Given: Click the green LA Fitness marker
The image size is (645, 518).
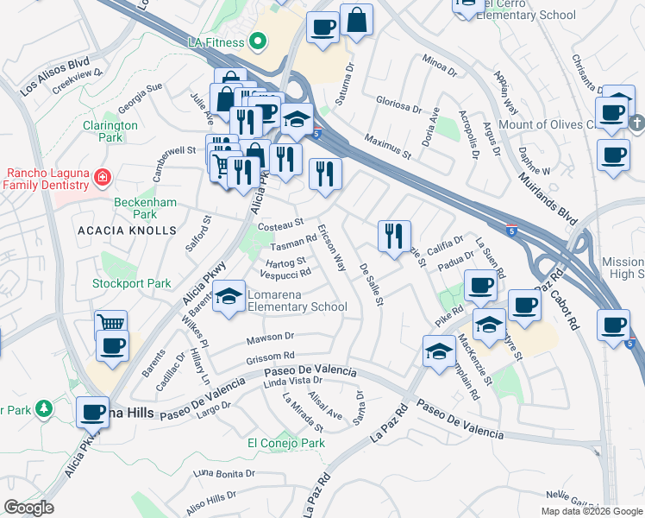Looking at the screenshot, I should coord(256,41).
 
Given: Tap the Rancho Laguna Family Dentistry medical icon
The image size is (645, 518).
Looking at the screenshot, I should coord(102,178).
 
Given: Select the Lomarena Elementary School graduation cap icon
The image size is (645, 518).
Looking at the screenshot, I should coord(228,298).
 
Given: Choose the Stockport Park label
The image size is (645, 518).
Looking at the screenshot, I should coord(132,283).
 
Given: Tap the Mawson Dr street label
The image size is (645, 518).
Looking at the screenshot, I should coord(270,337).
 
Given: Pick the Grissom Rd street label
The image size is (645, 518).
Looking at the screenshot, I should coord(271,355).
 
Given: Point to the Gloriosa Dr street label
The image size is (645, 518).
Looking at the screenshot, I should coord(398,104).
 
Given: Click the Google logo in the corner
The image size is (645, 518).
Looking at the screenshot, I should coord(28,508).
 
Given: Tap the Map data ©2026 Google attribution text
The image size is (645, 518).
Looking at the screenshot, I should coord(592,511).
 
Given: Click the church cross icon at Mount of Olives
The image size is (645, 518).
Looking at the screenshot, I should coord(636,123).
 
